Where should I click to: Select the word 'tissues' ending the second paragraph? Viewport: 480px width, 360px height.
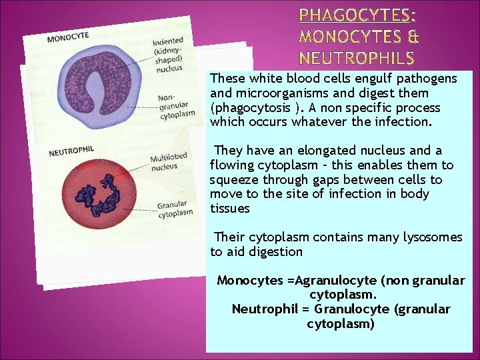(x=229, y=209)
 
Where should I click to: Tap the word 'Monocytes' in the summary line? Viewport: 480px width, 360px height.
(x=250, y=281)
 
